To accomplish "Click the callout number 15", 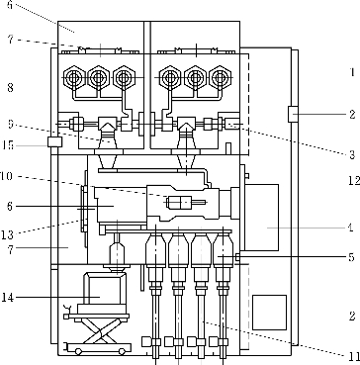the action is pyautogui.click(x=7, y=145).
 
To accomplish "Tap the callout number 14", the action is pyautogui.click(x=7, y=298).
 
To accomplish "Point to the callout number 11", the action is pyautogui.click(x=353, y=356).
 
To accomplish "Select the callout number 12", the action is pyautogui.click(x=353, y=180).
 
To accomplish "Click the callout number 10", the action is pyautogui.click(x=6, y=176).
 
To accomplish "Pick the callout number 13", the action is pyautogui.click(x=7, y=234).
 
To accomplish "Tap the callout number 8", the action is pyautogui.click(x=10, y=88).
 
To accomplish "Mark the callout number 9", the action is pyautogui.click(x=10, y=124).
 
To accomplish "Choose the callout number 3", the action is pyautogui.click(x=352, y=155).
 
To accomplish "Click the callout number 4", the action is pyautogui.click(x=351, y=228).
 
